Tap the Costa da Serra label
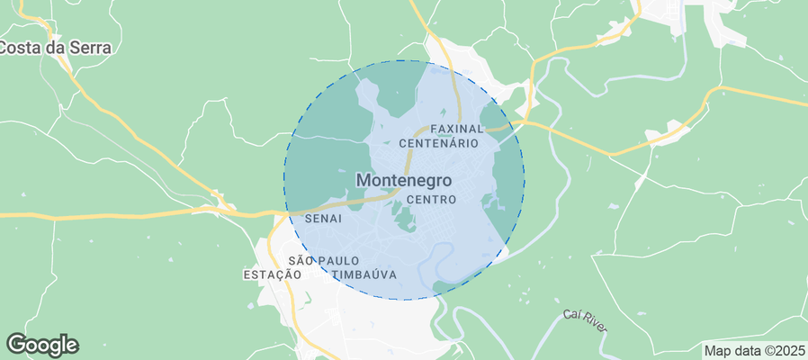56,48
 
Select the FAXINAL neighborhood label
457,129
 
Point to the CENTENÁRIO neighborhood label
438,143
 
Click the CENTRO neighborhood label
432,199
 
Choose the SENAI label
323,219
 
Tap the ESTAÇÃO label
272,274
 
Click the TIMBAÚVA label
364,274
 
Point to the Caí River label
586,318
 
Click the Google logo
42,344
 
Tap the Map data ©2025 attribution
754,350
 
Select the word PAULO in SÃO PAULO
335,260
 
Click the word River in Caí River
596,320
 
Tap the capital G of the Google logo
17,343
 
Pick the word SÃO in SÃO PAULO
300,260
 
